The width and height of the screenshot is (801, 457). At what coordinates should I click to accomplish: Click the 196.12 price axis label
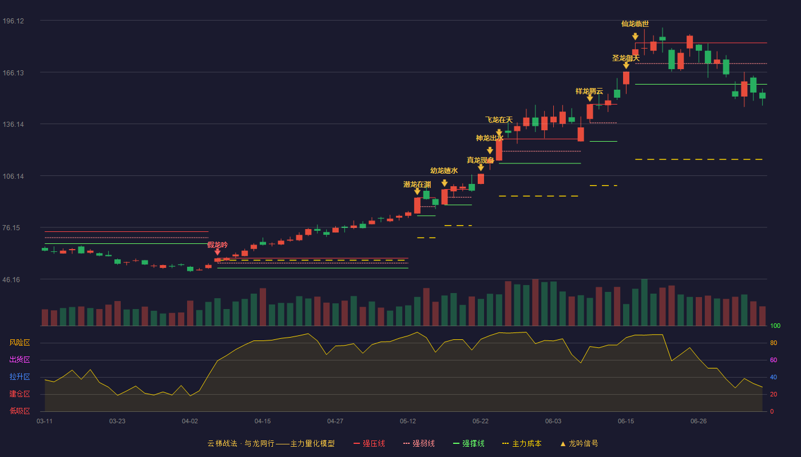[13, 21]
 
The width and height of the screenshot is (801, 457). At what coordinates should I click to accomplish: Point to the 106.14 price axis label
[13, 177]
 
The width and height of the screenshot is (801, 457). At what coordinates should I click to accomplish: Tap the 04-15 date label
[263, 422]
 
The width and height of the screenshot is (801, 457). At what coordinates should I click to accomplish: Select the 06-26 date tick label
[699, 422]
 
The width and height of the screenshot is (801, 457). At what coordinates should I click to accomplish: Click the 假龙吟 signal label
[217, 245]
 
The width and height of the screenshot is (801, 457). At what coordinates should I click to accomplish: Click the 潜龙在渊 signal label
[417, 185]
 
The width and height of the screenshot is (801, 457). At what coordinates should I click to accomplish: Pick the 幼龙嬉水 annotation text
[444, 171]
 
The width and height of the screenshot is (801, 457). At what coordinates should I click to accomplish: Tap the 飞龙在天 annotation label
[499, 120]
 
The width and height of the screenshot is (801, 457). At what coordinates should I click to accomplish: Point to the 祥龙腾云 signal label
[589, 91]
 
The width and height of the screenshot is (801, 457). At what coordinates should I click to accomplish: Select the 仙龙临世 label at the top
[635, 24]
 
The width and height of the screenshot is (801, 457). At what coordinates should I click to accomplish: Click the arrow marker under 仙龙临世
[635, 37]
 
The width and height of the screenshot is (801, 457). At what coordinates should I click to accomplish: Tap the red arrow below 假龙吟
[217, 252]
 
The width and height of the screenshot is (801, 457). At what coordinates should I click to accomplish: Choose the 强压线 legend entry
[369, 443]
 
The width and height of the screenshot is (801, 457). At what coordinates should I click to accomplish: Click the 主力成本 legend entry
[522, 443]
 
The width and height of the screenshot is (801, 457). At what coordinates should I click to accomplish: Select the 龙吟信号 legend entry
[579, 443]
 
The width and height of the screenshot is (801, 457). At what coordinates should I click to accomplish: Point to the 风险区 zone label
[19, 343]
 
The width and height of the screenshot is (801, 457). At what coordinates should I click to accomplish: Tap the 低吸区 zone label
[19, 411]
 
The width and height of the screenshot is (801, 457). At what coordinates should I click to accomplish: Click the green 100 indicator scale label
[775, 326]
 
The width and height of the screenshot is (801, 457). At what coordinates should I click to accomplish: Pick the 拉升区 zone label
[19, 377]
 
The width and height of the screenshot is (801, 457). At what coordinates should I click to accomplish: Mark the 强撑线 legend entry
[469, 443]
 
